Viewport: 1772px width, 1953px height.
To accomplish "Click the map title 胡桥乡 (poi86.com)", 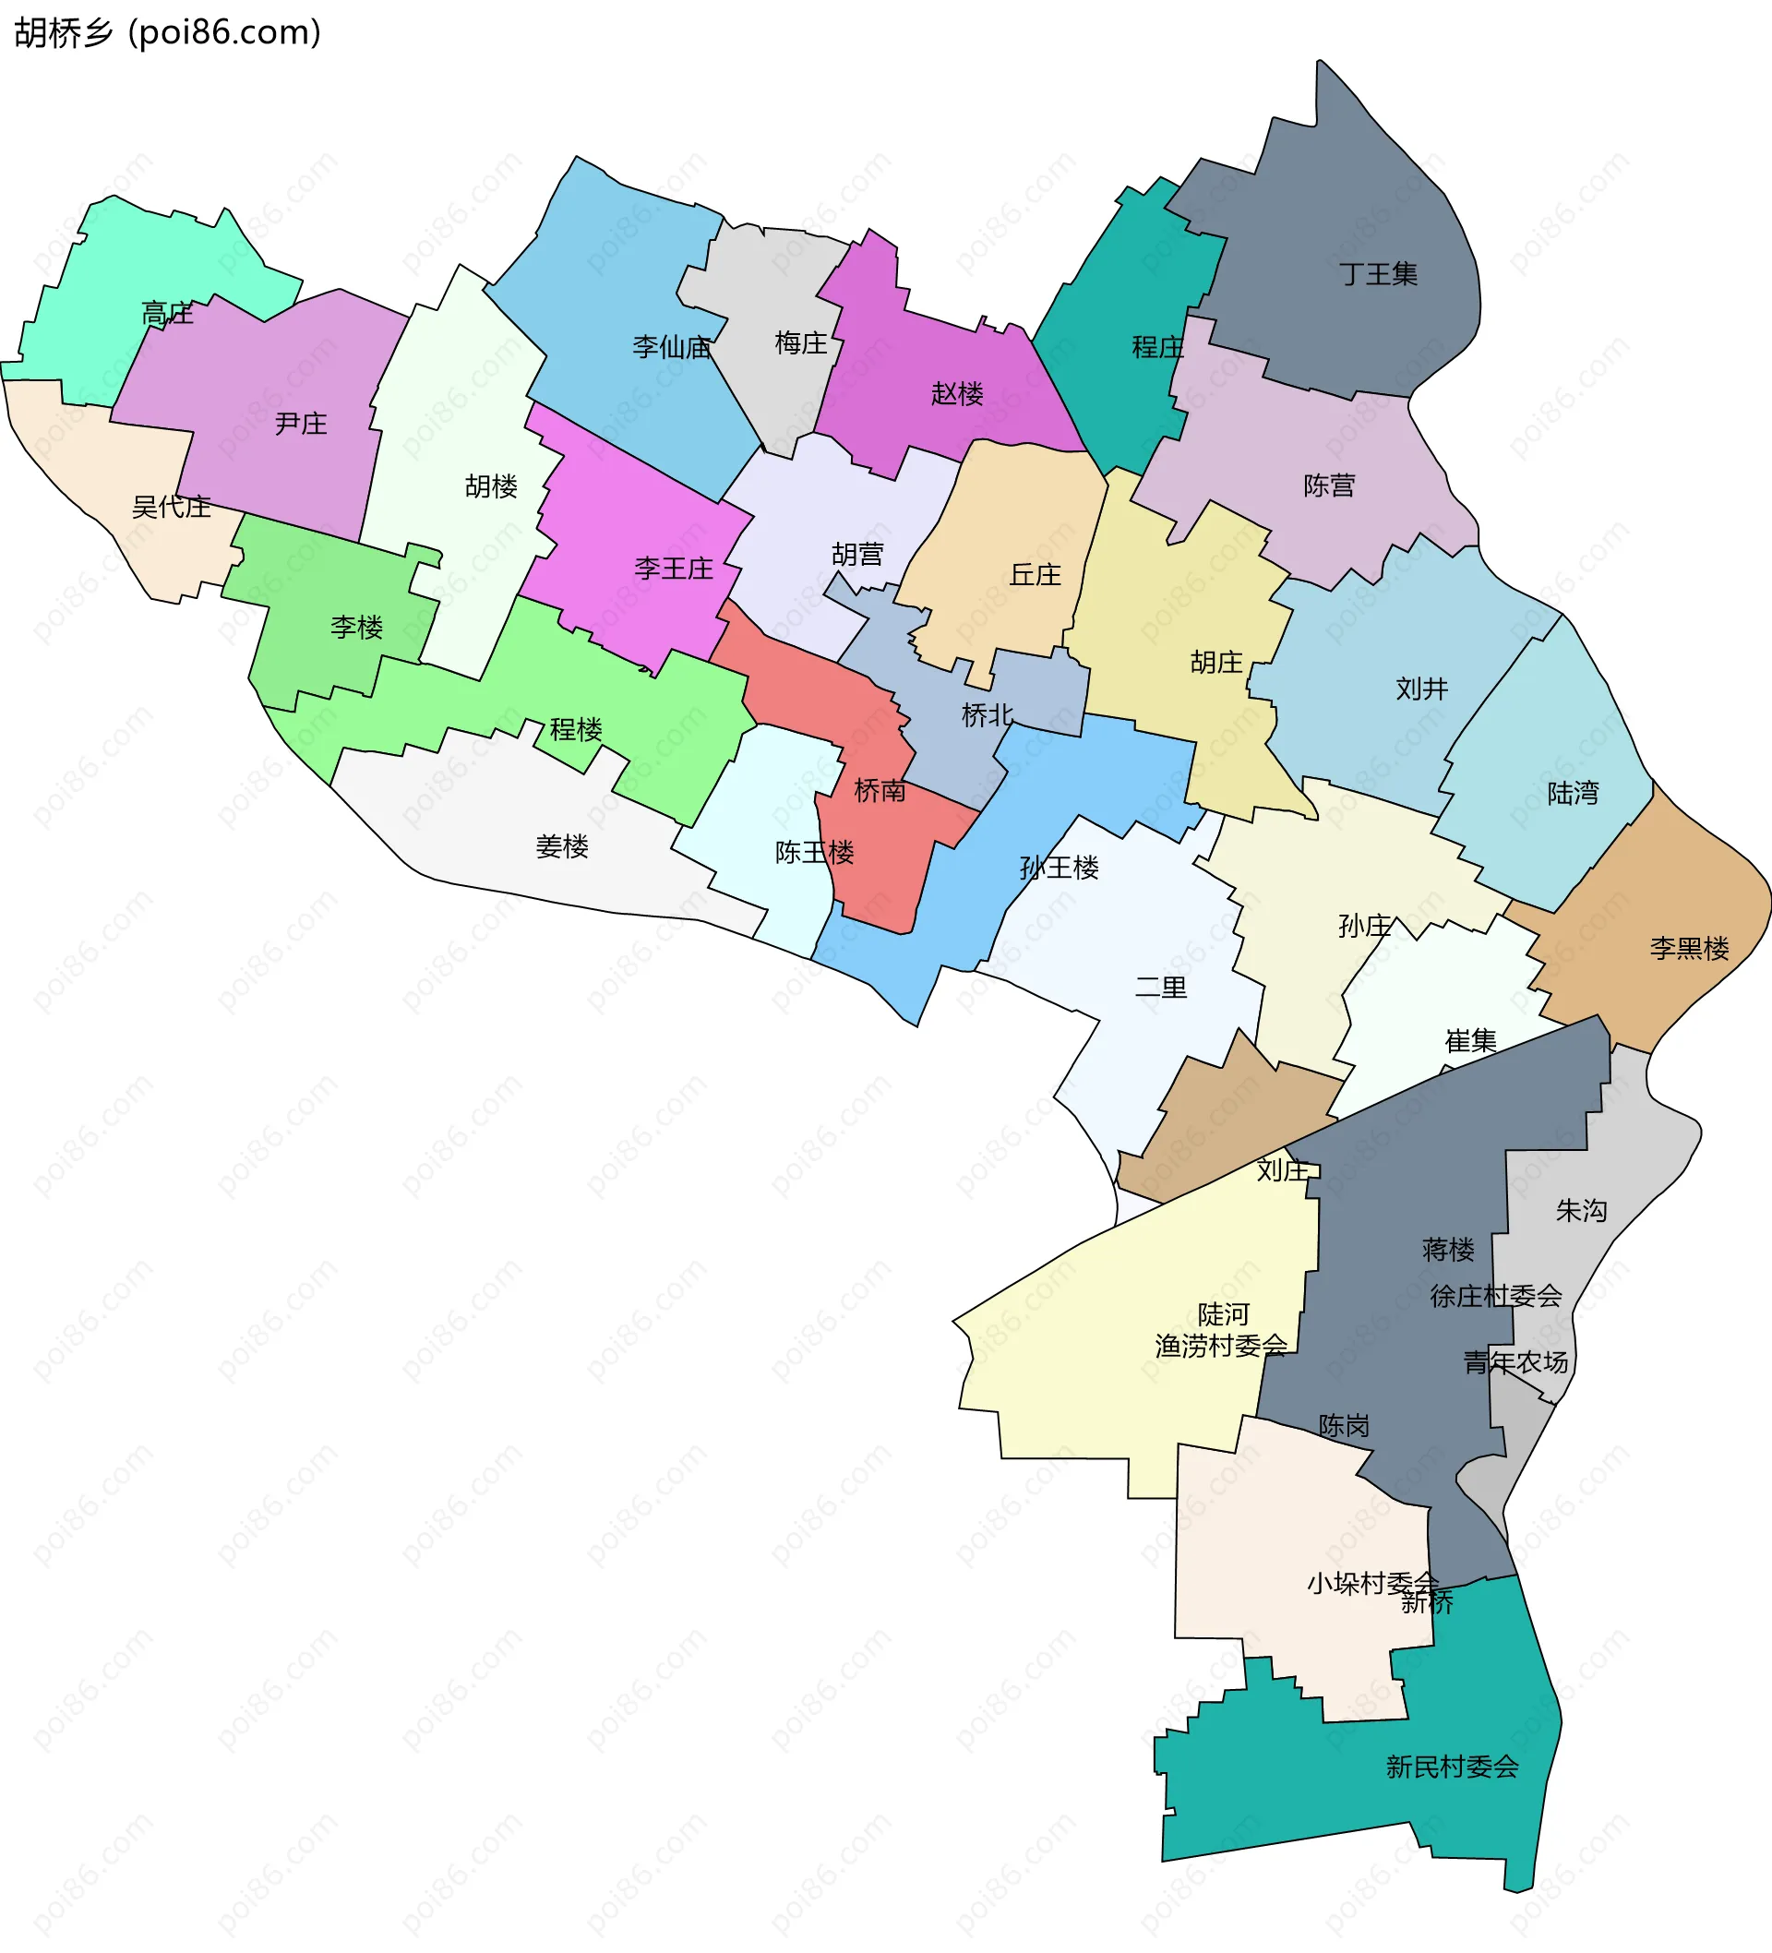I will pos(167,33).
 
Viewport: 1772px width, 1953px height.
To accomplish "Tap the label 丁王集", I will pos(1379,274).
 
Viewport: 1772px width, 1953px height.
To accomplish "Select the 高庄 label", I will pos(167,313).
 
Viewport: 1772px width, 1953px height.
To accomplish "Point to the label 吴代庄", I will pos(171,507).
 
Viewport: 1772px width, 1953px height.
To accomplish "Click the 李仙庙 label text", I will pos(671,347).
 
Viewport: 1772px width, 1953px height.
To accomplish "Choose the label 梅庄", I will pos(800,343).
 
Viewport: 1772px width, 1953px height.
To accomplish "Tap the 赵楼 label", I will pos(956,393).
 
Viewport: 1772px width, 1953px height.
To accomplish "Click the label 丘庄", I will pos(1035,574).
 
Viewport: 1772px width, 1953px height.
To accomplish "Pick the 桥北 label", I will pos(987,715).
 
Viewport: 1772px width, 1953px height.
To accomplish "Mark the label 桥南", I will pos(880,790).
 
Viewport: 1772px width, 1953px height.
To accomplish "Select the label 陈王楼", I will pos(814,853).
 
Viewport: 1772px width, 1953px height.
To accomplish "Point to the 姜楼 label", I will pos(562,846).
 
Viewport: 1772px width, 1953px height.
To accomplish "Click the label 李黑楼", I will pos(1689,948).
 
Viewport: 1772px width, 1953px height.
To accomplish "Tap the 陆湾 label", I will pos(1573,794).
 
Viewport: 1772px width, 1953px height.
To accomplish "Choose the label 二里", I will pos(1161,988).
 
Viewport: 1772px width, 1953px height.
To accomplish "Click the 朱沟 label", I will pos(1581,1210).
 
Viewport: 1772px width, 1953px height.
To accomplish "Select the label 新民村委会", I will pos(1452,1767).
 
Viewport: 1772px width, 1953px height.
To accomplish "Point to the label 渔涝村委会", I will pos(1221,1346).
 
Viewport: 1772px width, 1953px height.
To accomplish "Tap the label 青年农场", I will pos(1515,1362).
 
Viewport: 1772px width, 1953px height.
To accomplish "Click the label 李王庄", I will pos(674,568).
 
